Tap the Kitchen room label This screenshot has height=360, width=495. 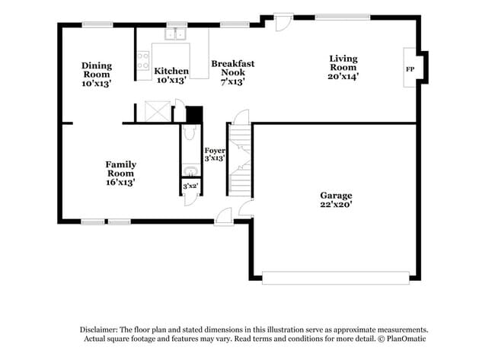[x=171, y=72]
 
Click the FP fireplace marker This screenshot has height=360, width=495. [x=410, y=69]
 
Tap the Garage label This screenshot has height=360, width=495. [x=336, y=196]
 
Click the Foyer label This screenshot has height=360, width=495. [x=215, y=151]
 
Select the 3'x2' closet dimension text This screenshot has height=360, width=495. [x=190, y=186]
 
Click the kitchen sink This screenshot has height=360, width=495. [x=177, y=33]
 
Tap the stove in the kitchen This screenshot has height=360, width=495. [x=142, y=60]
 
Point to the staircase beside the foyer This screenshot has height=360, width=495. [x=241, y=156]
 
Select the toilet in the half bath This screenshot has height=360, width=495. [x=190, y=134]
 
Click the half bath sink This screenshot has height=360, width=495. [x=190, y=170]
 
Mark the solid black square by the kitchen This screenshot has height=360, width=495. [x=194, y=114]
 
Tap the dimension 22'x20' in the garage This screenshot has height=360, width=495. [x=336, y=205]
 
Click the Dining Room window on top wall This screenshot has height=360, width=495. [x=97, y=24]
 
